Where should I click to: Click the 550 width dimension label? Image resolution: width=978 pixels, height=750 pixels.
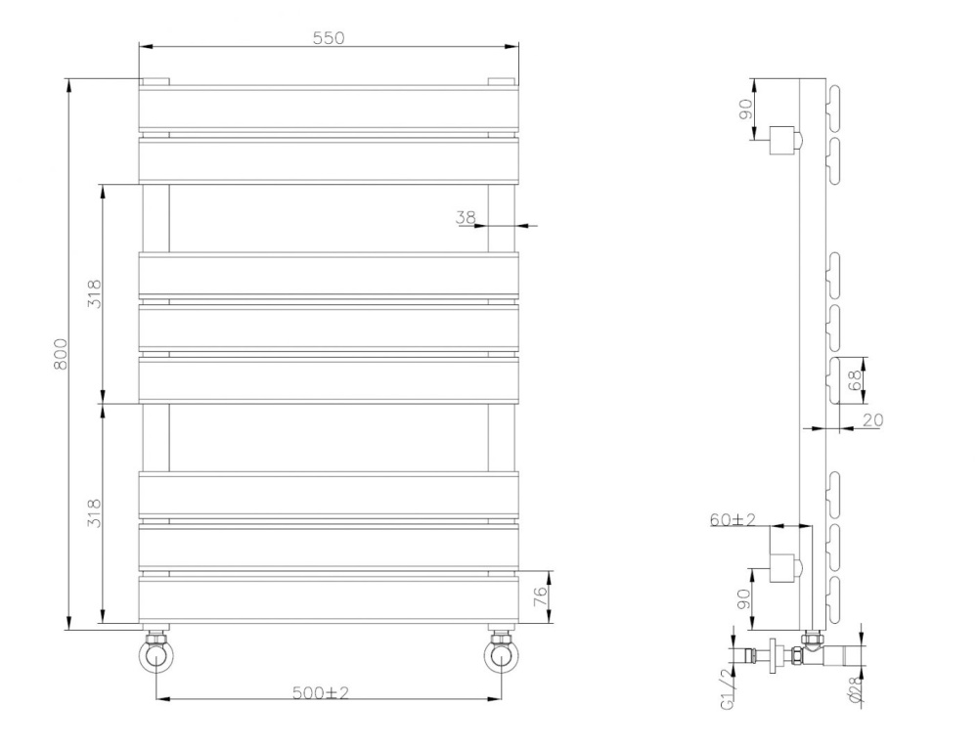point(329,38)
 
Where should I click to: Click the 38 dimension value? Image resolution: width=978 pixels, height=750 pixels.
point(466,217)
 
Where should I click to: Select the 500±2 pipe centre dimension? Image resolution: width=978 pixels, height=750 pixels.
point(322,692)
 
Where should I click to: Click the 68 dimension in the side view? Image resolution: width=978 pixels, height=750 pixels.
point(856,380)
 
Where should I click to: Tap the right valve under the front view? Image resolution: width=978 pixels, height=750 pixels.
point(501,653)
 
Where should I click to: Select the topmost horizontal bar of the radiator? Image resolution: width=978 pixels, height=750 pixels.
point(328,109)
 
